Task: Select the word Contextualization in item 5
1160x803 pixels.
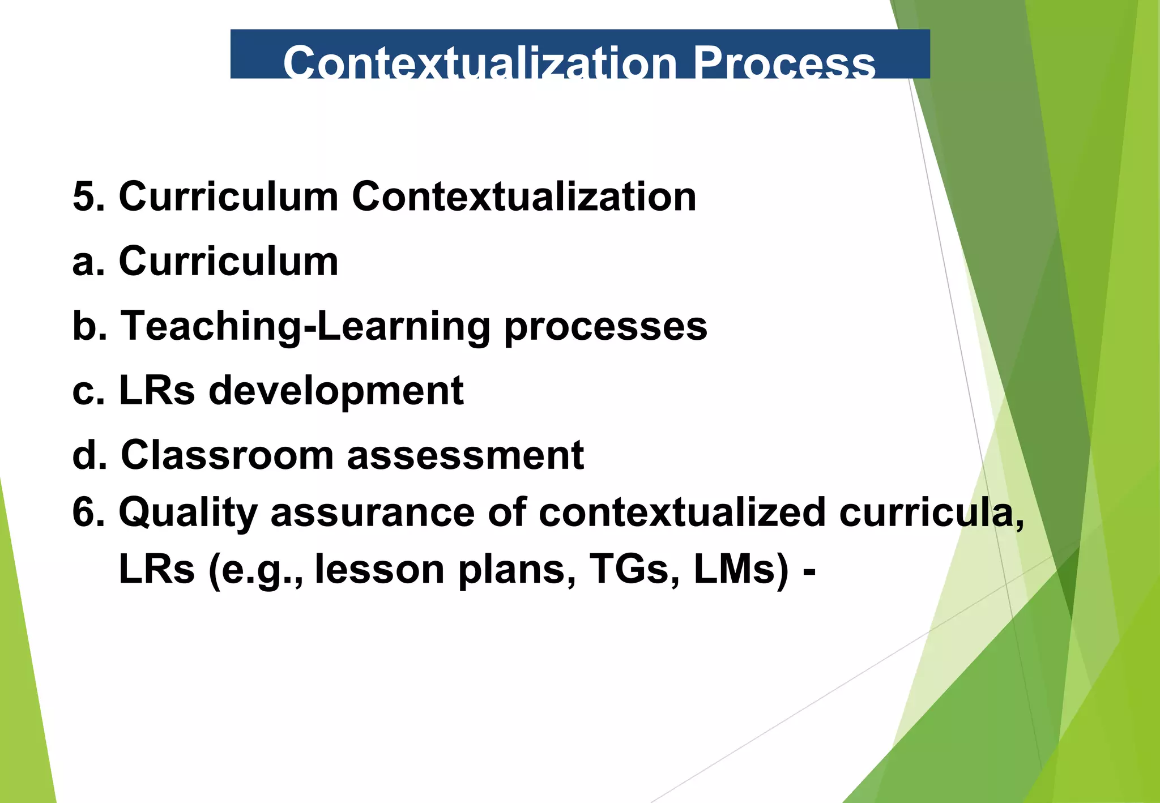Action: click(524, 197)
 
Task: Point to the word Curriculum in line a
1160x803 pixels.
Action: click(228, 262)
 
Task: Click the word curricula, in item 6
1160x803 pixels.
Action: click(931, 513)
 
